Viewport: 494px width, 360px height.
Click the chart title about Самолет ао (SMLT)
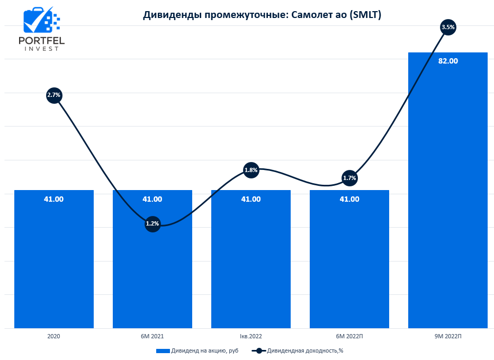pos(262,15)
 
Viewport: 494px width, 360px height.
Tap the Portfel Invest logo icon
pos(41,21)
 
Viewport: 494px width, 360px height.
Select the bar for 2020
pos(54,259)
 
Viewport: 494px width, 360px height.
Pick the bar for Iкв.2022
pos(251,259)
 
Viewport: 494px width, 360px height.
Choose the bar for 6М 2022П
pos(349,259)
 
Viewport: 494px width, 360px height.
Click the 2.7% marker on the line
pos(54,95)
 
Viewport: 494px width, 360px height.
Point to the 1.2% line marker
pos(152,223)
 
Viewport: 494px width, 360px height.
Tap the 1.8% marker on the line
pos(251,170)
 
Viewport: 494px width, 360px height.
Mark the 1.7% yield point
pos(349,178)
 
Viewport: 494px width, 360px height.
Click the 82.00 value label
pos(448,61)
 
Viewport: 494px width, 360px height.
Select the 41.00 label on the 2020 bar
pos(54,199)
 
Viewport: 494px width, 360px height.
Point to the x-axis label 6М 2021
pos(152,336)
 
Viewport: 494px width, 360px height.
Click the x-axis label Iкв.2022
pos(251,336)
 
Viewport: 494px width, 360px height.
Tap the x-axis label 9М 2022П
pos(448,336)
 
